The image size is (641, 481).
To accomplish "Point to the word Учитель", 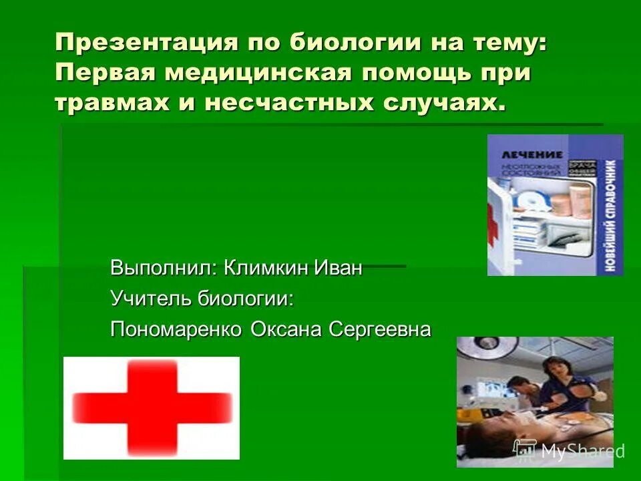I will pos(150,299).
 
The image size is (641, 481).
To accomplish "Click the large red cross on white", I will pos(152,407).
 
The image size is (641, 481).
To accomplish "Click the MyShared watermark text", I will pos(582,451).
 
